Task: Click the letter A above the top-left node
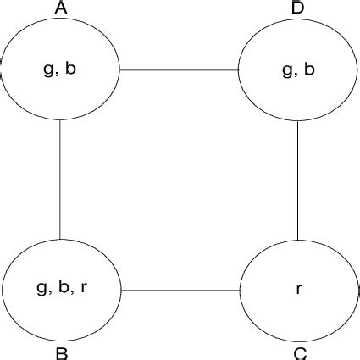point(60,8)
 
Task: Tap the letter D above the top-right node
point(298,8)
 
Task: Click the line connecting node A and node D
point(179,70)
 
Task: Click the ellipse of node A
point(61,97)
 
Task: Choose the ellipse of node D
point(297,97)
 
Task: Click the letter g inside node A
point(48,70)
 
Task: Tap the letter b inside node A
point(70,69)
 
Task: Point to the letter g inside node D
point(286,70)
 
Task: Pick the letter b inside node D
point(309,69)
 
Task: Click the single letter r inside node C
point(299,290)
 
